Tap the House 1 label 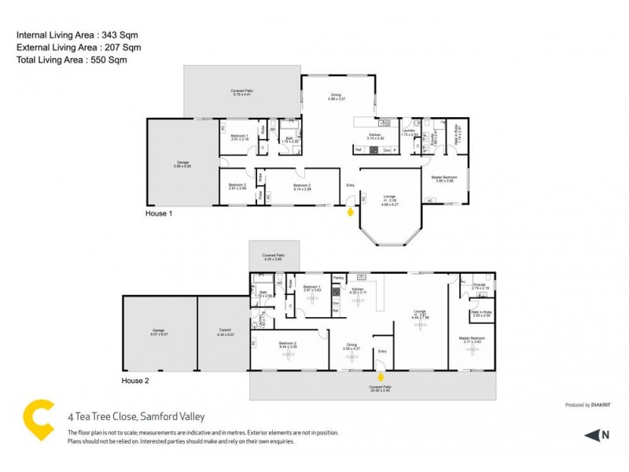[x=159, y=212]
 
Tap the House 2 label [x=134, y=380]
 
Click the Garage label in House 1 [x=182, y=164]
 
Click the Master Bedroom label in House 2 [x=473, y=339]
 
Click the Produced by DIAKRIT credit [x=589, y=405]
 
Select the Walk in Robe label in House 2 [x=481, y=313]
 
